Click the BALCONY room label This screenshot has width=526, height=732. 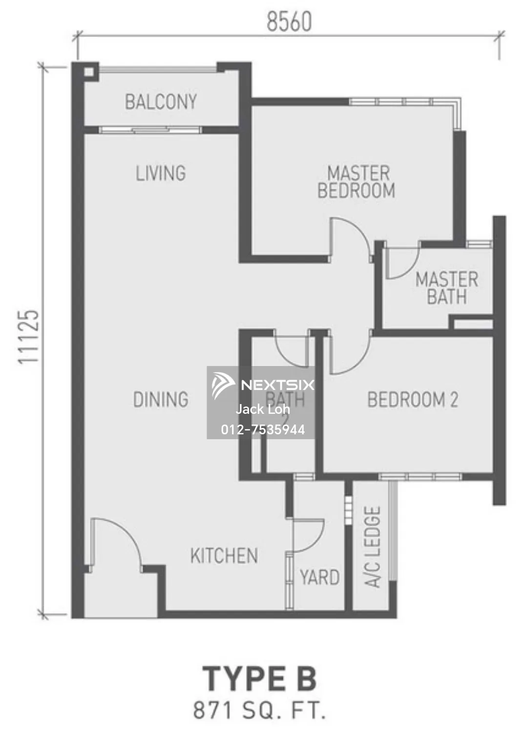161,102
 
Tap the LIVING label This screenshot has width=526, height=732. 161,173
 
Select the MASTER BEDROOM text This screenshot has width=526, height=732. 357,182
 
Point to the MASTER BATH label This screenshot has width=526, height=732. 446,288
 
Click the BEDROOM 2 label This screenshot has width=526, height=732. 413,400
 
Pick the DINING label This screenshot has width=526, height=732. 161,400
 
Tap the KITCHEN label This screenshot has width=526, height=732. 224,556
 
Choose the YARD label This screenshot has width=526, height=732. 320,577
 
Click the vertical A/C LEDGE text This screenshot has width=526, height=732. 373,547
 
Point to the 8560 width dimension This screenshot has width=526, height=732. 289,22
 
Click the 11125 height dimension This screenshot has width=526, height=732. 28,337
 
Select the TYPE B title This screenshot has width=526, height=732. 259,679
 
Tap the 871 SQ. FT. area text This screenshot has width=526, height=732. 259,711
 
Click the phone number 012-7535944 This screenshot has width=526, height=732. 263,429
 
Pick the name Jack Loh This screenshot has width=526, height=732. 263,409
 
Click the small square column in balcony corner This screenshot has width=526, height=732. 88,72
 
